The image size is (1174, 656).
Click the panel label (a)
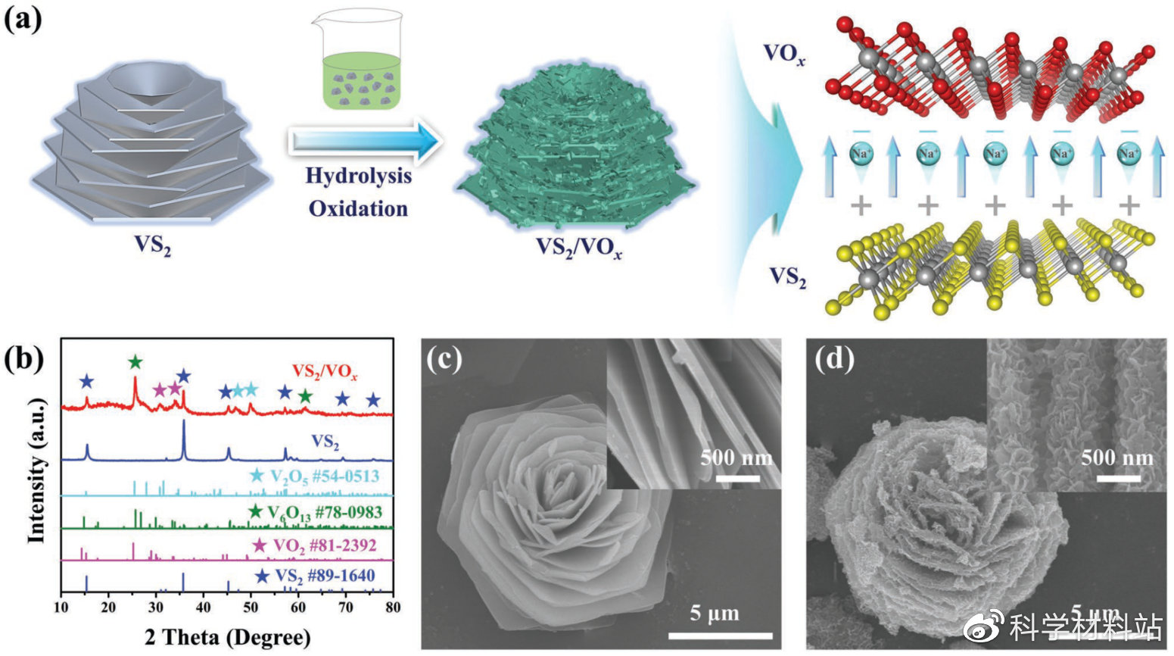[23, 19]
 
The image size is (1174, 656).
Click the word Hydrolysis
[358, 176]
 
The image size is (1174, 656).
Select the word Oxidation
[358, 208]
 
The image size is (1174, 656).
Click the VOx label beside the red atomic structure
[783, 54]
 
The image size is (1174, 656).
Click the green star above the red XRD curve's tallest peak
[135, 362]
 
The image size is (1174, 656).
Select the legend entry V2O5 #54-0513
[316, 476]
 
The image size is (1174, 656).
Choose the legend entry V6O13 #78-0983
[316, 512]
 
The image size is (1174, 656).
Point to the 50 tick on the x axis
[250, 607]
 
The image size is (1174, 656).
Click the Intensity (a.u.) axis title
[36, 470]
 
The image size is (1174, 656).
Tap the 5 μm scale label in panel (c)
[714, 613]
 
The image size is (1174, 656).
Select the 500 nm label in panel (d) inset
[1116, 458]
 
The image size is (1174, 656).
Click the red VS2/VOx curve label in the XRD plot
[325, 373]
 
